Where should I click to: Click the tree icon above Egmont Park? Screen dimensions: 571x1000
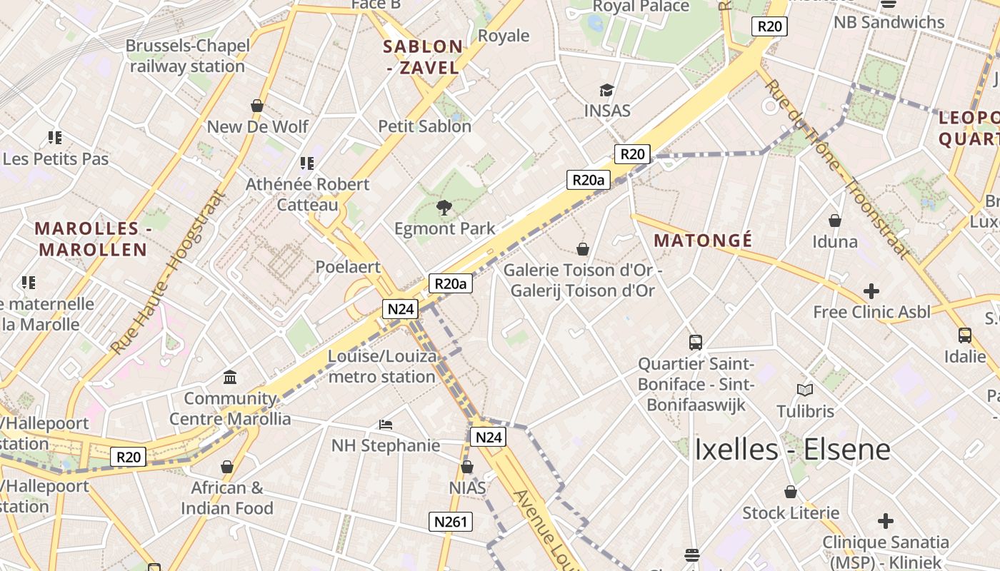[444, 207]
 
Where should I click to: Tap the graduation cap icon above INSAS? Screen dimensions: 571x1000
[606, 90]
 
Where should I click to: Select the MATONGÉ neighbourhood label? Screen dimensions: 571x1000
[703, 241]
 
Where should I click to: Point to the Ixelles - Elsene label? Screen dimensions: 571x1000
[792, 450]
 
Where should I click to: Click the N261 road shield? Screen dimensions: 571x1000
[451, 522]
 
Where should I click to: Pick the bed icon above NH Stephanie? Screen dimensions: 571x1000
[386, 425]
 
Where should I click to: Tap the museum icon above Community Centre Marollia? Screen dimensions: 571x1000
[230, 377]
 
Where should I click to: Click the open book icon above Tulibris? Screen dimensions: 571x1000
[805, 390]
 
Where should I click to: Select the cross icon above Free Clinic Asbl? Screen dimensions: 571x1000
[871, 291]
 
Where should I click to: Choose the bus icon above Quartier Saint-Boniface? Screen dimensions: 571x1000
[696, 343]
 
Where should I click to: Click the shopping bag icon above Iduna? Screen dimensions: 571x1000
[834, 221]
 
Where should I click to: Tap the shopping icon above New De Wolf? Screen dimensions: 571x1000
[257, 106]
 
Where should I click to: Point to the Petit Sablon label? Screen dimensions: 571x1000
[424, 126]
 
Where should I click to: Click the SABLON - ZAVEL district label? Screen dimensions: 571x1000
[423, 57]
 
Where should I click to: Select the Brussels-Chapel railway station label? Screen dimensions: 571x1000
[187, 56]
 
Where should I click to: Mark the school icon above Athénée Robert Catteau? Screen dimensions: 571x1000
[307, 163]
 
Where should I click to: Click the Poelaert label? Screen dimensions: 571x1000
[348, 267]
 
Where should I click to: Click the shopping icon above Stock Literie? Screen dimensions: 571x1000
[791, 492]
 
